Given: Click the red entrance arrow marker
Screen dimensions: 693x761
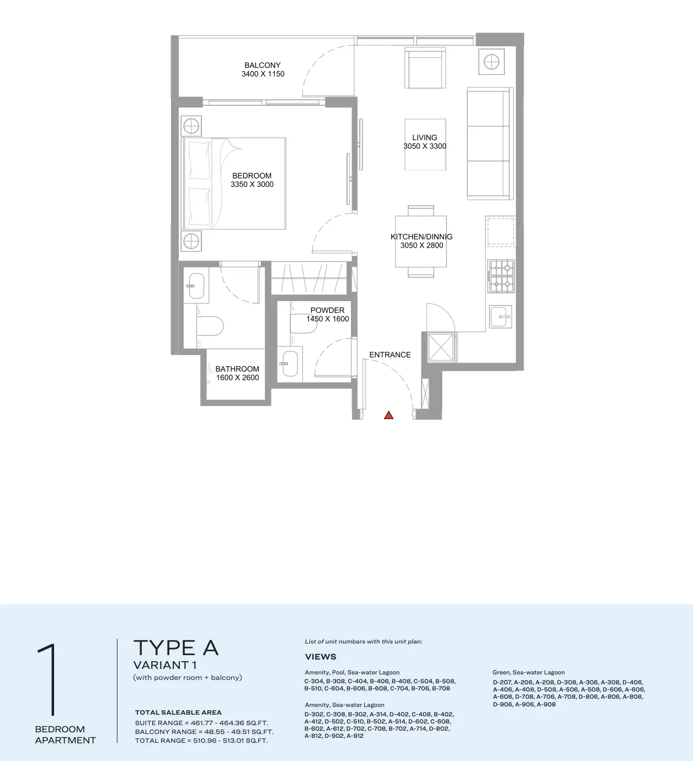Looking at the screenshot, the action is coord(388,415).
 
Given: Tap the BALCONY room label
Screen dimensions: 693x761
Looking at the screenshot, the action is coord(263,65).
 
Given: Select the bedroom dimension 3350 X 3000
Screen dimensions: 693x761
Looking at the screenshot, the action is coord(252,184).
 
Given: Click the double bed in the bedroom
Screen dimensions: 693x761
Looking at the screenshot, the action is coord(234,184).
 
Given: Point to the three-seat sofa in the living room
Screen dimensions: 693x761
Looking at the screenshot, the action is coord(490,143).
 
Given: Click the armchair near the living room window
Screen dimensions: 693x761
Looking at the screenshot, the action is coord(425,68).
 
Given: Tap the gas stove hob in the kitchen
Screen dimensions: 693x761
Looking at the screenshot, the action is coord(501,277).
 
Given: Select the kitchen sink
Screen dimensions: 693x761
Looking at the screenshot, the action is coord(500,317).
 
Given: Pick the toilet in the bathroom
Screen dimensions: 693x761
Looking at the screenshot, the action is coord(210,326).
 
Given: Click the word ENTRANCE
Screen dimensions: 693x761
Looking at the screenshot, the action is coord(390,355).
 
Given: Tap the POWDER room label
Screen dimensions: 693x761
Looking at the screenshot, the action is coord(327,310).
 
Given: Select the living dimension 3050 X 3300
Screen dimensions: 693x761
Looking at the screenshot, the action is coord(425,147).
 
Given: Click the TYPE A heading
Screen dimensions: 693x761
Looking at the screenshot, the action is coord(176,647).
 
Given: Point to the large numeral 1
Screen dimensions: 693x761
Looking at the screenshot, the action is coord(49,679).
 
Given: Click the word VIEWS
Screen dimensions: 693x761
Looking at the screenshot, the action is coord(321,657).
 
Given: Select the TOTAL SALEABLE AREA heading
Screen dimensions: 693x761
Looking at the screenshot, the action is coord(178,712).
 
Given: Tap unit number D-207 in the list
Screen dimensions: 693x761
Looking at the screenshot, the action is coord(502,682).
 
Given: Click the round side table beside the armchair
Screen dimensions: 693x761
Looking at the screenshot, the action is coord(492,61).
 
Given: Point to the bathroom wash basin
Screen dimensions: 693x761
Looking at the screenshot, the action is coord(196,286).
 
